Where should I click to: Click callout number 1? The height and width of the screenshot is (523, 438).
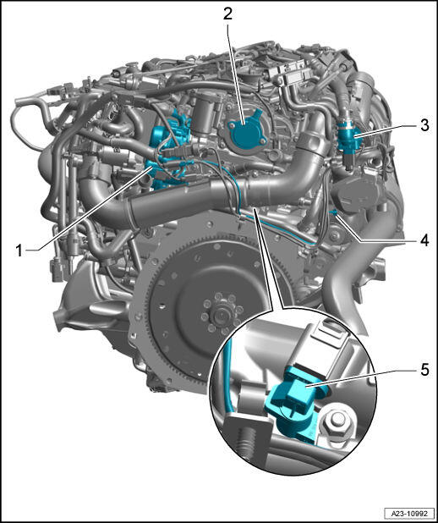pyautogui.click(x=20, y=250)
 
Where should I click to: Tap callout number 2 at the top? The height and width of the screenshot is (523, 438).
pyautogui.click(x=227, y=14)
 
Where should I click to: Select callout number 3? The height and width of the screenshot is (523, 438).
pyautogui.click(x=424, y=125)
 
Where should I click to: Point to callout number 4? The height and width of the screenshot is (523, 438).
pyautogui.click(x=424, y=241)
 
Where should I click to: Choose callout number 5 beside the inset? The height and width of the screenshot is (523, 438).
pyautogui.click(x=424, y=370)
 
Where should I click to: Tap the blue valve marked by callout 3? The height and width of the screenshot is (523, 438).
pyautogui.click(x=349, y=141)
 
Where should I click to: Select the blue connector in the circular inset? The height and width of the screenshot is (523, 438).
pyautogui.click(x=293, y=404)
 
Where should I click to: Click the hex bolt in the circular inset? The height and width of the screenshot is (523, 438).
pyautogui.click(x=336, y=426)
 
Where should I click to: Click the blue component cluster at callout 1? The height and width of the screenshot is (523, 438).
pyautogui.click(x=170, y=150)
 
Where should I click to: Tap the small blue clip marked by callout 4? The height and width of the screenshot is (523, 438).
pyautogui.click(x=334, y=212)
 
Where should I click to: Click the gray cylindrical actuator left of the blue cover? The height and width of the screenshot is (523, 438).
pyautogui.click(x=207, y=113)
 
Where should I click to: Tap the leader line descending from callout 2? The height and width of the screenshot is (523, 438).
pyautogui.click(x=237, y=74)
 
